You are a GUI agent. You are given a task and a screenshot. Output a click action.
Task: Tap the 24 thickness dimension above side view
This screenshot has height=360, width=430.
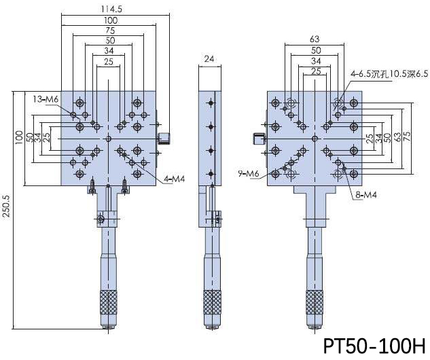click(209, 60)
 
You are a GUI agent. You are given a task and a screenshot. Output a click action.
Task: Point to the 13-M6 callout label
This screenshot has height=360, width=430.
click(46, 99)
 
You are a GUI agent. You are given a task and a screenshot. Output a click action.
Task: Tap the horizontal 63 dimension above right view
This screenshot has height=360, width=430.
click(315, 40)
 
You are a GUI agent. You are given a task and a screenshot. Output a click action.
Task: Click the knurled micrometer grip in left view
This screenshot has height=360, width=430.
click(107, 303)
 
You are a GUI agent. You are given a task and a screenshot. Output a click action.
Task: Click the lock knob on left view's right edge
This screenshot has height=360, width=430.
click(164, 139)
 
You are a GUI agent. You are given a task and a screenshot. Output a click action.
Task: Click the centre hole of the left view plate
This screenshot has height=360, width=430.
click(108, 139)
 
